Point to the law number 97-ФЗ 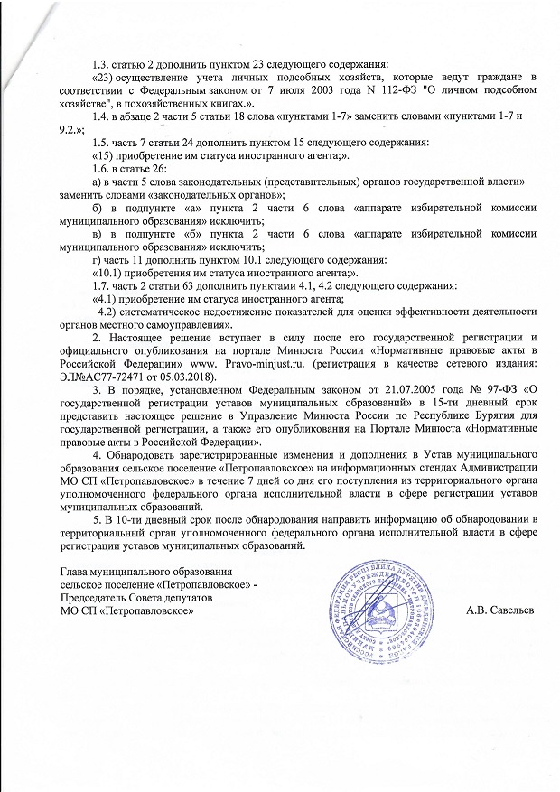[x=473, y=388]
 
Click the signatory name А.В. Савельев [x=500, y=610]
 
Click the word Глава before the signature [x=79, y=571]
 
